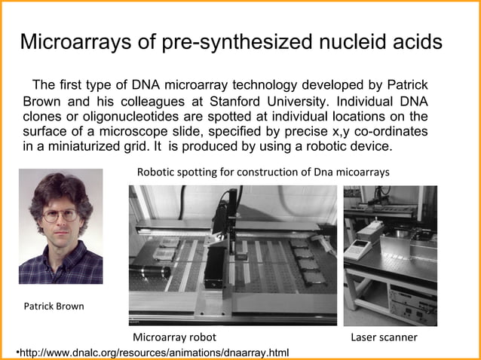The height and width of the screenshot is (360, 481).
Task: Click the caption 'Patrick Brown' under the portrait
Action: click(x=54, y=307)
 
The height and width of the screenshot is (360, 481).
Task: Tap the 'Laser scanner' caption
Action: click(x=384, y=337)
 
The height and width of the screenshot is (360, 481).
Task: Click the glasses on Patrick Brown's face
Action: click(x=60, y=215)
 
